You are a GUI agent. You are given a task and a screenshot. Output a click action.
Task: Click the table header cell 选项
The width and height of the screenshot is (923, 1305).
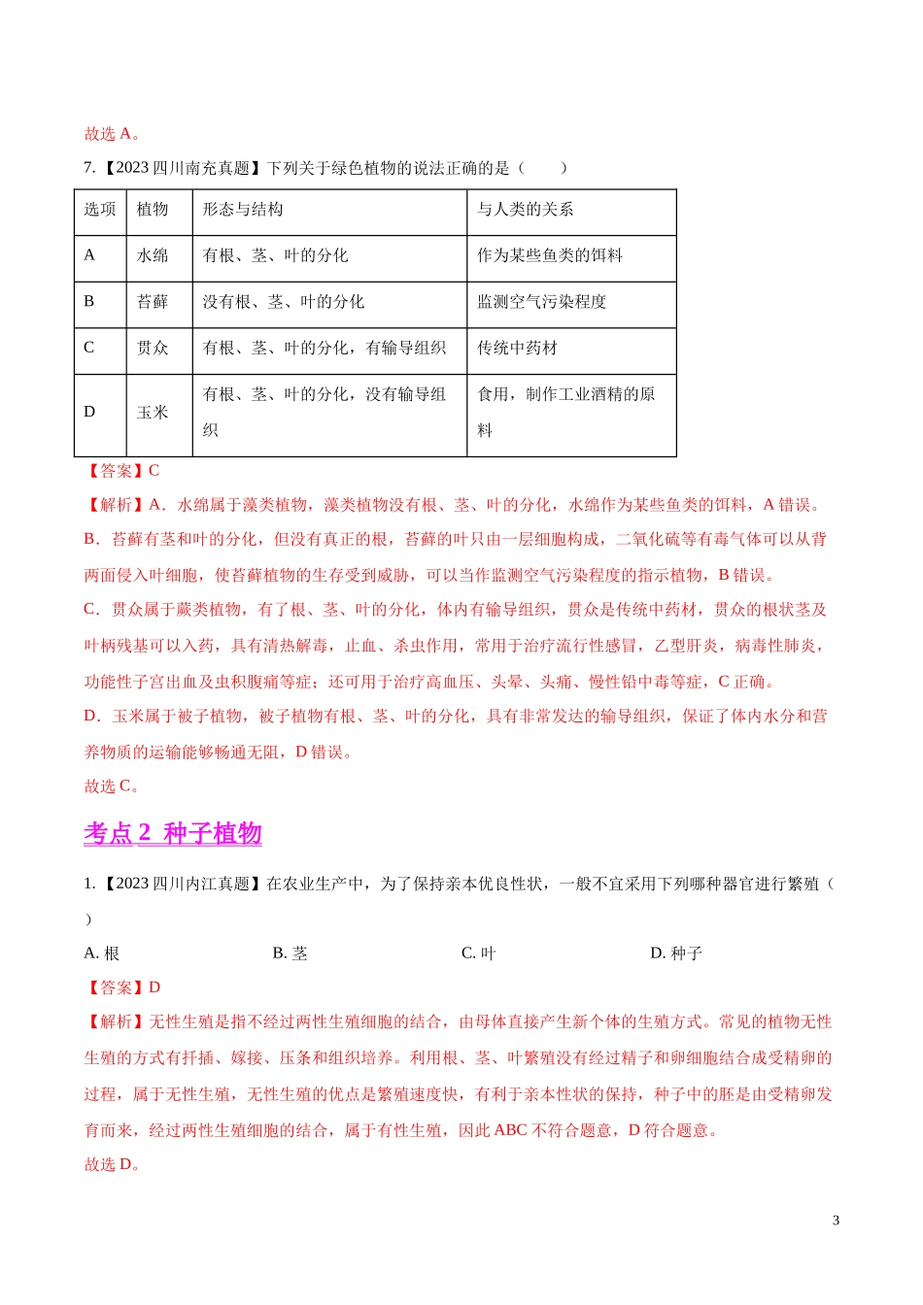click(x=99, y=210)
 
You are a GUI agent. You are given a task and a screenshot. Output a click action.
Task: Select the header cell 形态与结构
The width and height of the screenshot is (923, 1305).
click(x=243, y=210)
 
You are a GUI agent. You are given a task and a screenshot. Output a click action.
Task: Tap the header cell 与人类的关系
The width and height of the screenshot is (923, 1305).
click(x=525, y=210)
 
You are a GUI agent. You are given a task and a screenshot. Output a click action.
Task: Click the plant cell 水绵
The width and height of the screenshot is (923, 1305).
click(x=153, y=255)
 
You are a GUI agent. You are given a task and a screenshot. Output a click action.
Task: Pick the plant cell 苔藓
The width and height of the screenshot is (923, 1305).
click(x=153, y=302)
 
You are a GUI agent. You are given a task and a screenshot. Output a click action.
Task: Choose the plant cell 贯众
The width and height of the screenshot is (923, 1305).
click(x=153, y=348)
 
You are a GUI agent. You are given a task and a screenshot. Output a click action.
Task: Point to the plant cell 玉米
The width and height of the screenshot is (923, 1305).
click(x=153, y=413)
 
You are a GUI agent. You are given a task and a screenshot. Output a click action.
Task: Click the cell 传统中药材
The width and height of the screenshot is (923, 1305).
click(x=517, y=348)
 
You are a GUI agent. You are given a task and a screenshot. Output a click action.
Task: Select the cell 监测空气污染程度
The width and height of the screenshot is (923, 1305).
click(x=541, y=302)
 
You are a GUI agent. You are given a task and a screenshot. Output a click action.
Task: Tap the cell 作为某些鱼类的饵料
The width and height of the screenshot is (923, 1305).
click(x=549, y=255)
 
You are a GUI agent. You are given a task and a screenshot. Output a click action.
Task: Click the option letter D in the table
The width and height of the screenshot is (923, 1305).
click(x=89, y=413)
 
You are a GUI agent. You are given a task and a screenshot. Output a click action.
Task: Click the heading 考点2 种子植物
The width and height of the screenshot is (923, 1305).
click(x=173, y=833)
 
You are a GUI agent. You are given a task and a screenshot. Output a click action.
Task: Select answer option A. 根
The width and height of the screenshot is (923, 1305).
click(x=101, y=954)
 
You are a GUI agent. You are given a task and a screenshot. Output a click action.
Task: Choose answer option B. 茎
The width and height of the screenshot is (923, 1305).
click(x=290, y=954)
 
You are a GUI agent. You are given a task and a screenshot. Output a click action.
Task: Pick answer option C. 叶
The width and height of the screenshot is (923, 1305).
click(x=478, y=954)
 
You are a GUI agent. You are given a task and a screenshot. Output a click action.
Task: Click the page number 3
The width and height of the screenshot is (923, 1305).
click(x=836, y=1221)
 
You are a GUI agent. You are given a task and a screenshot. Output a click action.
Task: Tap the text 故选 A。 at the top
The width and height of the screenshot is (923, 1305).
click(x=112, y=134)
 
